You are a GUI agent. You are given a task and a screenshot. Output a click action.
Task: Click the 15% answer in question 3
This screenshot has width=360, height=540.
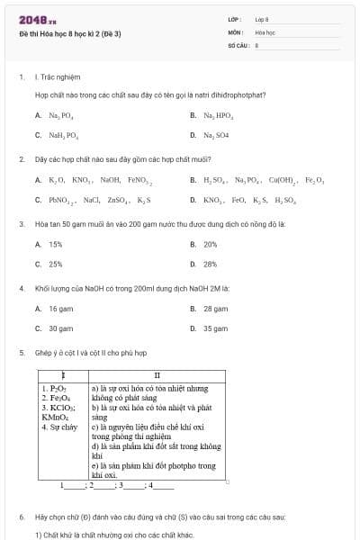(x=55, y=244)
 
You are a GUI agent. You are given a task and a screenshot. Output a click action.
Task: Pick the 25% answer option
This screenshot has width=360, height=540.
(x=55, y=265)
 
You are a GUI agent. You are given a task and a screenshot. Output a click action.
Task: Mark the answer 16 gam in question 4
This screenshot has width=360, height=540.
(x=60, y=309)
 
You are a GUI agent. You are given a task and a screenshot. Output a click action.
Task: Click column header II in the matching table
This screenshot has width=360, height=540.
(x=157, y=374)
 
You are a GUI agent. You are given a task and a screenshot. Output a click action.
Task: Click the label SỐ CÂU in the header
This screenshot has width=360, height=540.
(x=237, y=43)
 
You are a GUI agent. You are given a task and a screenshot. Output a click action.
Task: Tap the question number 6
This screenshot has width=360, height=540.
(x=21, y=518)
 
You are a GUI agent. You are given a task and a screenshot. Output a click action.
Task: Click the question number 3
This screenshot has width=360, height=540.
(x=21, y=223)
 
